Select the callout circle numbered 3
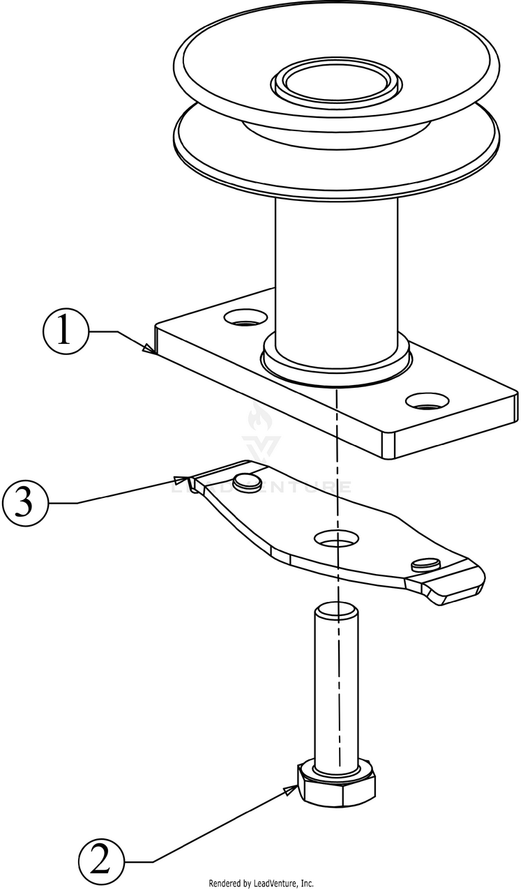(25, 503)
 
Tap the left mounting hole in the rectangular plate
(245, 319)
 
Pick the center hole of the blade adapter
(337, 538)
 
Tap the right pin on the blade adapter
(425, 564)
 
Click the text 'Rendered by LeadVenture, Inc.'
(261, 883)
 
